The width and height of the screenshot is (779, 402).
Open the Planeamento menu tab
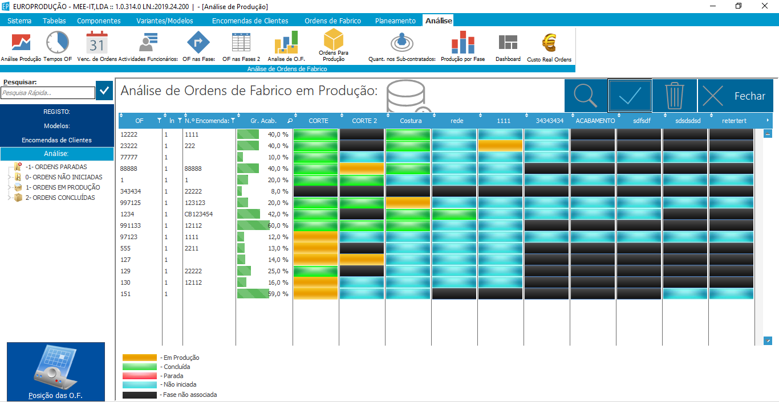395,21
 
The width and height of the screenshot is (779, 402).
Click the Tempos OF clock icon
58,43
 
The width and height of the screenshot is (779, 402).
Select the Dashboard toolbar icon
508,42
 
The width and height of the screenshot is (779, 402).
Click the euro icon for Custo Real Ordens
549,43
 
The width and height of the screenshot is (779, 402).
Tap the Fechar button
736,96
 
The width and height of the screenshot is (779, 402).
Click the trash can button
674,96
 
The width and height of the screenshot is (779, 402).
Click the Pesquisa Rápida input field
48,93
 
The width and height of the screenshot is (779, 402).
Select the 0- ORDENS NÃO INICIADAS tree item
64,177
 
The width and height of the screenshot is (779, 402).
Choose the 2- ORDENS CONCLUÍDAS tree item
60,198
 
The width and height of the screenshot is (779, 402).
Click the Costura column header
411,121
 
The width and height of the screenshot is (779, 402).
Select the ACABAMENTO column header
595,121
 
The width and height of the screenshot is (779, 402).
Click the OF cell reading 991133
131,225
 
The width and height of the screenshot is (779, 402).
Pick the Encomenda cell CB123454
198,214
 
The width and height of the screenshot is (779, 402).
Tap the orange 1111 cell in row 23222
500,146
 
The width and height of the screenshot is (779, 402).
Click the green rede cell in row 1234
454,214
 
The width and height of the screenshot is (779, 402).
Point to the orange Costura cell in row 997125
408,203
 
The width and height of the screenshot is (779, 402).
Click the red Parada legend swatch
140,376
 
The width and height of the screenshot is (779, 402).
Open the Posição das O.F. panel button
56,372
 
